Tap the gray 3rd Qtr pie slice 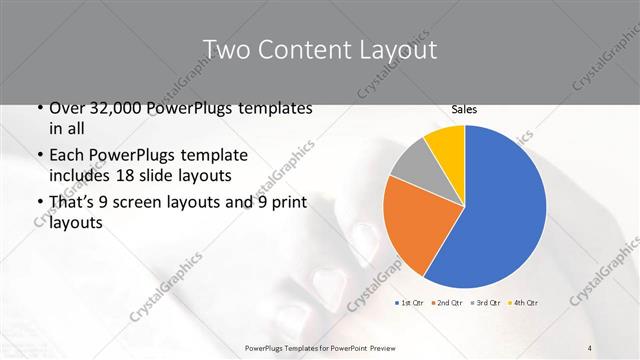410,166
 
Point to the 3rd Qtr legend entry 490,302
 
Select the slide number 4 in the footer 591,347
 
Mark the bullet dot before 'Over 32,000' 38,108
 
